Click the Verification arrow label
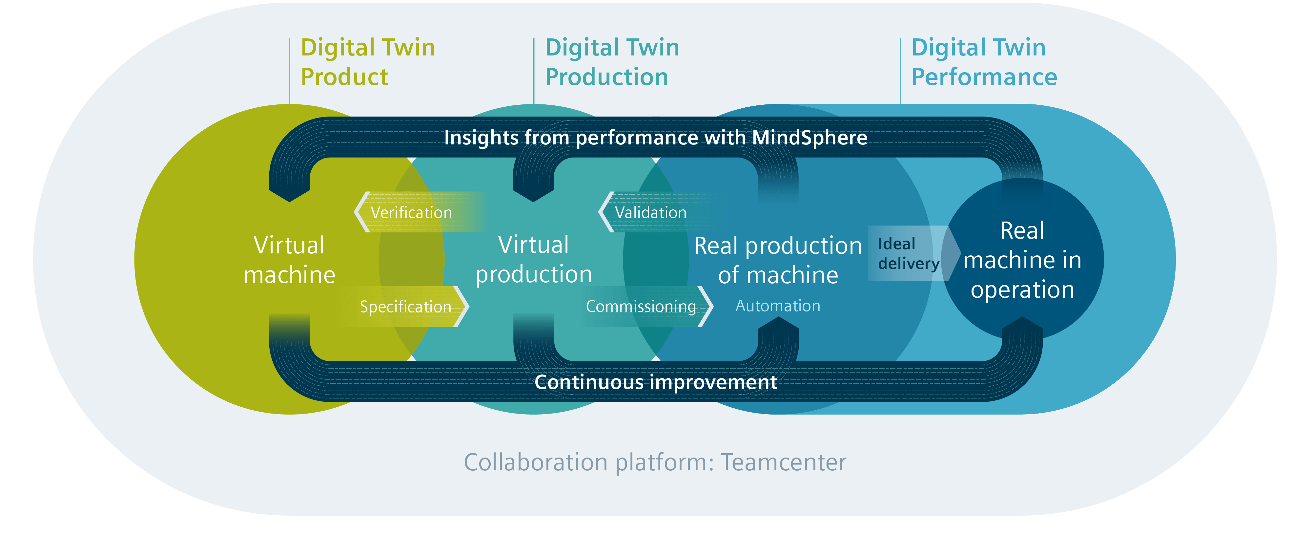pyautogui.click(x=411, y=212)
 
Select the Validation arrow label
pyautogui.click(x=650, y=212)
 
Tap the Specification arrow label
pyautogui.click(x=405, y=307)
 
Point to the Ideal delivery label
pyautogui.click(x=909, y=253)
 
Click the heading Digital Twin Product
pyautogui.click(x=368, y=62)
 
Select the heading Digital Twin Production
pyautogui.click(x=612, y=62)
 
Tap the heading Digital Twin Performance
pyautogui.click(x=984, y=62)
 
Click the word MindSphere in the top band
pyautogui.click(x=809, y=137)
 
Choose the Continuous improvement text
pyautogui.click(x=655, y=382)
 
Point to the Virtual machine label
pyautogui.click(x=289, y=260)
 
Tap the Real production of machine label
pyautogui.click(x=778, y=260)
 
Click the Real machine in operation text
pyautogui.click(x=1022, y=260)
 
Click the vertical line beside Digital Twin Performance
pyautogui.click(x=900, y=71)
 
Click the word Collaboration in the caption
pyautogui.click(x=535, y=462)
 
